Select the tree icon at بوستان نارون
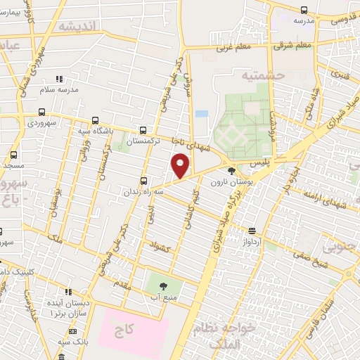[231, 170]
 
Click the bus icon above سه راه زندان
[143, 180]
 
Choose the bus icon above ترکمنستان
[143, 130]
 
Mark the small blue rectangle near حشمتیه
[201, 113]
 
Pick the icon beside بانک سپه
[72, 330]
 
